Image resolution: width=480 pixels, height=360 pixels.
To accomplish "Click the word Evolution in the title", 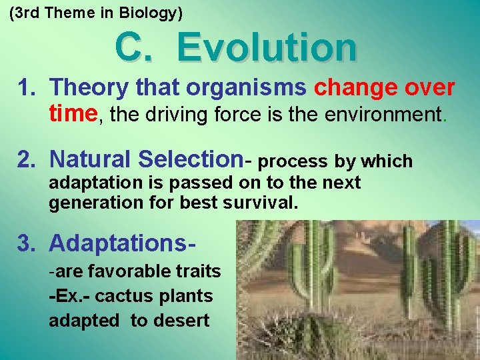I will tap(267, 48).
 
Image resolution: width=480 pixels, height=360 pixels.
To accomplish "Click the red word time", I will tap(73, 114).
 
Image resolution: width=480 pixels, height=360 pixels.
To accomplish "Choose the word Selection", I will tap(190, 160).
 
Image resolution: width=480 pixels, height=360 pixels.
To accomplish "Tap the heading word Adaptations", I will tap(121, 243).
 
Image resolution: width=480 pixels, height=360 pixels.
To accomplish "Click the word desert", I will tap(181, 321).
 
